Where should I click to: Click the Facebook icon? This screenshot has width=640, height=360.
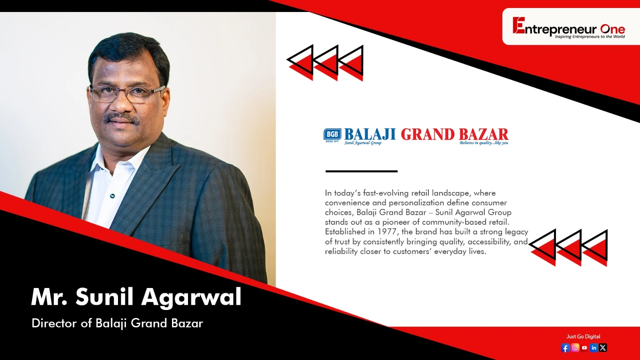click(565, 348)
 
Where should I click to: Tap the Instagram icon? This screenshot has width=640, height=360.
click(575, 348)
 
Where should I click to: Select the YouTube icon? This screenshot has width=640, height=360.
click(584, 348)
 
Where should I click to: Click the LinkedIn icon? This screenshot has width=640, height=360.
click(594, 348)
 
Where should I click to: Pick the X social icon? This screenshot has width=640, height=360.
click(603, 348)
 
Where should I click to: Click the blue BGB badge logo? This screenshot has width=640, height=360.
click(332, 134)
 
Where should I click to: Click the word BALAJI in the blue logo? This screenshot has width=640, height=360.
click(370, 134)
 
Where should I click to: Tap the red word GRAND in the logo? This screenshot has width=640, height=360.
click(428, 134)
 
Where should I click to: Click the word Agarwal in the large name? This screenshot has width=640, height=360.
click(192, 298)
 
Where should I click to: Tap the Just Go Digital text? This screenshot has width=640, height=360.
click(584, 336)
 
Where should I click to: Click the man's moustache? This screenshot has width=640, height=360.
click(122, 118)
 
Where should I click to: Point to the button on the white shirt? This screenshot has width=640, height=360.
click(112, 196)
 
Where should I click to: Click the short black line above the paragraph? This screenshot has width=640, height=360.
click(362, 171)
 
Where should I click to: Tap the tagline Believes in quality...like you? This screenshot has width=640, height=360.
click(484, 142)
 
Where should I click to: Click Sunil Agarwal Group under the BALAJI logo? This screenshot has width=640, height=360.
click(363, 142)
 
